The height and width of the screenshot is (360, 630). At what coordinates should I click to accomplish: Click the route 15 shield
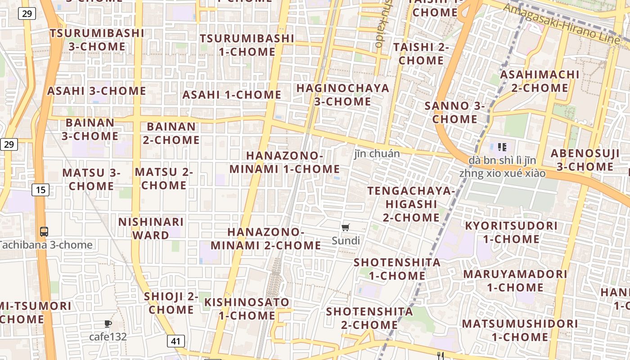pos(40,190)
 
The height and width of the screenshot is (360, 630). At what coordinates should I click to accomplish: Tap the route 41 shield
pos(175,341)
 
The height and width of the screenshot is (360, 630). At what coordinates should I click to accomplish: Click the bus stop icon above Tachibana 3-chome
pos(44,232)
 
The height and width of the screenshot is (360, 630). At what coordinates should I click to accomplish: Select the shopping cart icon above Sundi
pos(346,228)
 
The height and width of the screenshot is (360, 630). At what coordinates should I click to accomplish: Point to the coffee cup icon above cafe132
pos(108,324)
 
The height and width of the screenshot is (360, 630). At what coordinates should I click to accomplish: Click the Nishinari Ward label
pos(151,228)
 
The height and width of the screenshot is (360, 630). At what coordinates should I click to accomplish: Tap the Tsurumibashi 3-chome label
pos(97,40)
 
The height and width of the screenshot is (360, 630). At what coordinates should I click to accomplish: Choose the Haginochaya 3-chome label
pos(343,94)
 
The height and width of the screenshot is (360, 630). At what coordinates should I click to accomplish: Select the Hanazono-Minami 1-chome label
pos(284,162)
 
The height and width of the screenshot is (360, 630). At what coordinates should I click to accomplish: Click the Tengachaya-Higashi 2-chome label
pos(411,204)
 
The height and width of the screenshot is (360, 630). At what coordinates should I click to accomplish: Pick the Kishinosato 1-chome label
pos(247,308)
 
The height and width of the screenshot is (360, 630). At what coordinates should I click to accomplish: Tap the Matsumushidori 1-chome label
pos(520,330)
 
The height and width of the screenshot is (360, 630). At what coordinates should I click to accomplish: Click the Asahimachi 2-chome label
pos(540,81)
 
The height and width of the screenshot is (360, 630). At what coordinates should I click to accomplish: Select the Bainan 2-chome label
pos(171,133)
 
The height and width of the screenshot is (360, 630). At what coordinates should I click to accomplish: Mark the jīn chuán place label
pos(377,154)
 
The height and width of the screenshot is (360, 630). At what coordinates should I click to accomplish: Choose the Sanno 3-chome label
pos(455,112)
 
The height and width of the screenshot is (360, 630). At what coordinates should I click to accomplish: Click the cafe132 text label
pos(108,337)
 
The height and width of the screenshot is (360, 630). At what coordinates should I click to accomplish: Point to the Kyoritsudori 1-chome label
pos(511,232)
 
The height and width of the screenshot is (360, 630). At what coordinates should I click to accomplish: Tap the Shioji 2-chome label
pos(171,303)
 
